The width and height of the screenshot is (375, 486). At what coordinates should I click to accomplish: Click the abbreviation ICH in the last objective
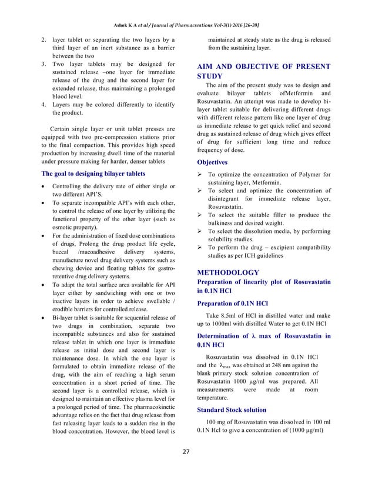click(x=253, y=256)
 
